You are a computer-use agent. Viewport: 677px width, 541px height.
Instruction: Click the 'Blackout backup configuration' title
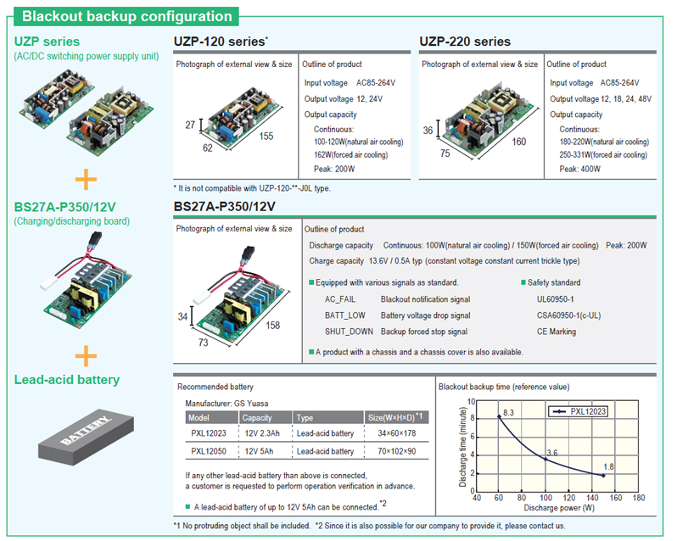pos(126,16)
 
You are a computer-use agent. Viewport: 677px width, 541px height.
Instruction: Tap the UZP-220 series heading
pos(465,42)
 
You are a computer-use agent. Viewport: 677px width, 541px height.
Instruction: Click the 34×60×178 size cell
pos(391,434)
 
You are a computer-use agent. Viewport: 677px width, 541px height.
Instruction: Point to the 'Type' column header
pos(305,417)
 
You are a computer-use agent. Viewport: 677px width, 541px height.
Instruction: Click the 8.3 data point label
pos(509,413)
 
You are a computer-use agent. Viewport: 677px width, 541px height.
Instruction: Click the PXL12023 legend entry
pos(585,411)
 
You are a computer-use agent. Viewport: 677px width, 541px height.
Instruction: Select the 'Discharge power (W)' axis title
pos(557,508)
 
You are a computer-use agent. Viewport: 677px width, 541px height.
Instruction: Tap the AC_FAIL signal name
pos(342,299)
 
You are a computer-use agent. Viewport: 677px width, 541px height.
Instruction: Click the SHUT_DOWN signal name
pos(349,332)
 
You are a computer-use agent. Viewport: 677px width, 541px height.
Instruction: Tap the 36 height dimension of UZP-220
pos(429,131)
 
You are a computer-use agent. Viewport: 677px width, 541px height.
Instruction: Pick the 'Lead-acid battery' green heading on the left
pos(67,380)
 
